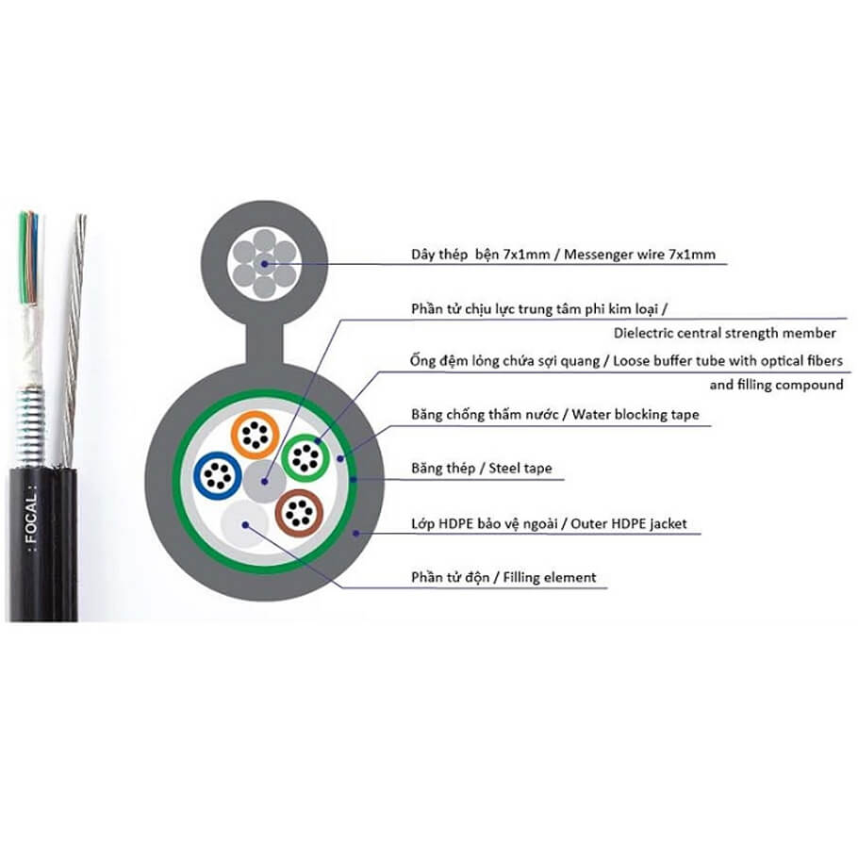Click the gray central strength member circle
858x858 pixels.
[x=264, y=482]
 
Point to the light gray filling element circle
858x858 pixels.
[x=244, y=523]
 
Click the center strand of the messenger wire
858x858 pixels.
[x=264, y=264]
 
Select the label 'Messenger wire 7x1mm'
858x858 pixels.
[x=639, y=255]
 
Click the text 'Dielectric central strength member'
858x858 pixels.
[x=724, y=333]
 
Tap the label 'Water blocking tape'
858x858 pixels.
[x=635, y=414]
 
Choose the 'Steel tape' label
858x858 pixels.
[x=520, y=468]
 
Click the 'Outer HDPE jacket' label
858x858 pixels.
[x=628, y=523]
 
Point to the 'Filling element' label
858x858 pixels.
[x=550, y=577]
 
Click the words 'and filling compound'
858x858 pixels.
[x=776, y=385]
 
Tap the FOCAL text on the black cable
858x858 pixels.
[x=31, y=517]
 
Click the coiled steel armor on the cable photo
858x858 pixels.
[x=30, y=426]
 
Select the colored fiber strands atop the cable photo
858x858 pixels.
[x=28, y=257]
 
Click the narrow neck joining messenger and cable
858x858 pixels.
[x=264, y=345]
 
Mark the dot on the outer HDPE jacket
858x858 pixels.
[x=356, y=533]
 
